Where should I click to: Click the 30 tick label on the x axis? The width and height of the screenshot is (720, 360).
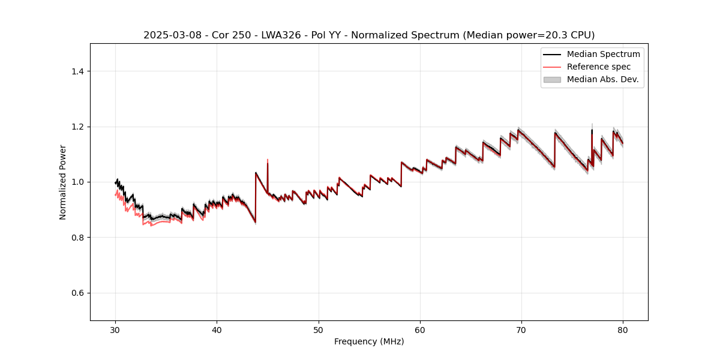[115, 330]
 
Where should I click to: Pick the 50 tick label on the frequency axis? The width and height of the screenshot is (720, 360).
[319, 330]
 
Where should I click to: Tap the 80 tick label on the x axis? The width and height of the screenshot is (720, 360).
[623, 330]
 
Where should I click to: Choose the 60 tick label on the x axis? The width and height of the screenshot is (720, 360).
[420, 330]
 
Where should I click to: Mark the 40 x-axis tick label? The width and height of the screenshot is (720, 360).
[217, 330]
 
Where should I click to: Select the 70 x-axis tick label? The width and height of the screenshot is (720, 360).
[521, 330]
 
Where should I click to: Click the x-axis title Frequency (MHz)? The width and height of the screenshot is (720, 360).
[369, 341]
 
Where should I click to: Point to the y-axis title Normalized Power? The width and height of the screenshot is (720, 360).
[63, 182]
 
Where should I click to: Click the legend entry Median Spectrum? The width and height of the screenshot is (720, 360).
[603, 54]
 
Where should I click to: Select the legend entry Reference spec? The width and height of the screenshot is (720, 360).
[598, 67]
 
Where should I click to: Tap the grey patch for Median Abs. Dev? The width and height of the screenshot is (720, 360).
[552, 79]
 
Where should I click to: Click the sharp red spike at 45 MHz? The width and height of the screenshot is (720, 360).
[268, 161]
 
